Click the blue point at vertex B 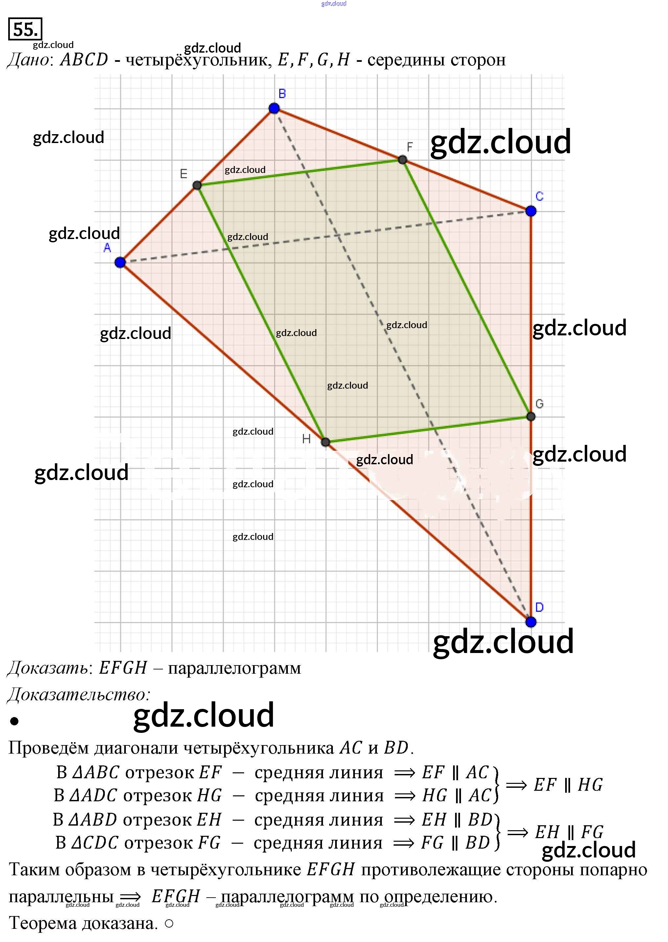pos(274,108)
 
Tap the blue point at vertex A pos(120,262)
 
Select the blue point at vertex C pos(531,211)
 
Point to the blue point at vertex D pos(531,621)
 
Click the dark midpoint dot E pos(197,185)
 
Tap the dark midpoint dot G pos(531,417)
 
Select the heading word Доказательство pos(78,695)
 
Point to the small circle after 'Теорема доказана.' pos(169,924)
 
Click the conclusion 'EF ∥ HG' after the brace pos(568,785)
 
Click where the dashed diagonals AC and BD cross pos(338,236)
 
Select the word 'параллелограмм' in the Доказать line pos(235,668)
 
